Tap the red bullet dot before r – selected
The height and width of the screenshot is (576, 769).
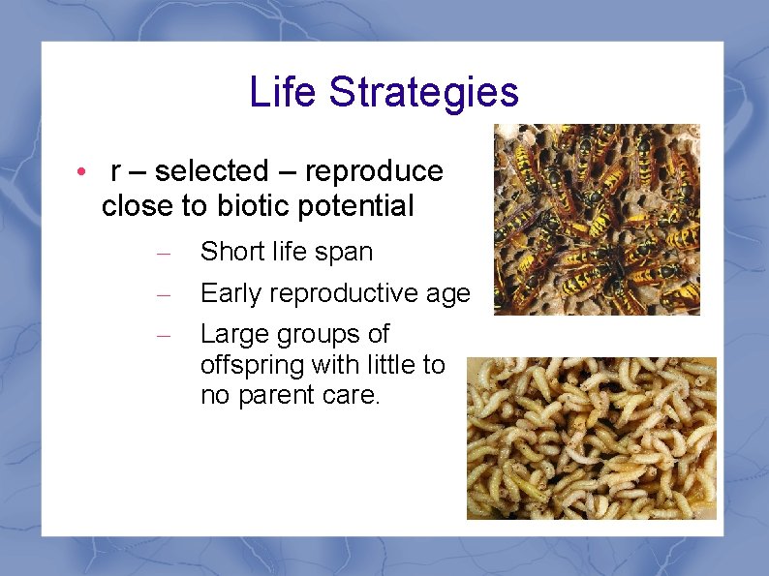(x=83, y=172)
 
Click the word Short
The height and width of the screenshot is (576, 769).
(x=231, y=252)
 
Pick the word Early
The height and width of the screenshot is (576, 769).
(x=231, y=293)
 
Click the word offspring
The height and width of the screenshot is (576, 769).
(x=255, y=366)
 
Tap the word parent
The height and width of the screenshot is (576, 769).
(x=291, y=396)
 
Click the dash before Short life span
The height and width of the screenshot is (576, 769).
(x=164, y=254)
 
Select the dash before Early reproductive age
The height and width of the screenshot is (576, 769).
(x=164, y=294)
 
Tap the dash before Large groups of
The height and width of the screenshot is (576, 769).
(x=164, y=335)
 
